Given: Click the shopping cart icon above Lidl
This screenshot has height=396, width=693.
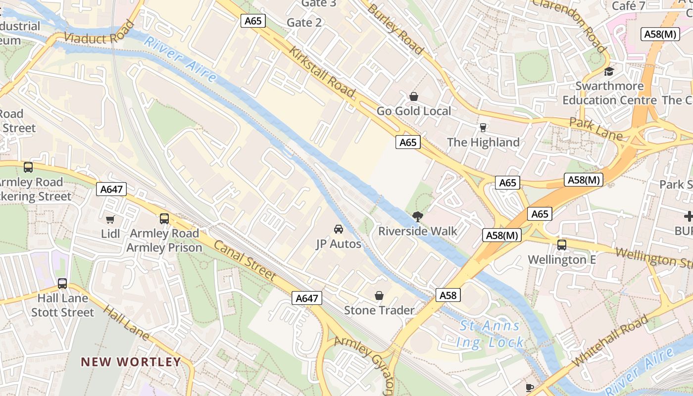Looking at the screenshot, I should tap(110, 219).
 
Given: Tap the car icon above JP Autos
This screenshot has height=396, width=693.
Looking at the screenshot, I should tap(339, 229).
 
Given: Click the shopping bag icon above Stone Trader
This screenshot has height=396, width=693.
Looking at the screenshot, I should tap(379, 296).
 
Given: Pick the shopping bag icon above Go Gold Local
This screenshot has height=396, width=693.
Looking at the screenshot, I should tap(414, 96).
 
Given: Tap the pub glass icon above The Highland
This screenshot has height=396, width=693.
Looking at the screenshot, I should tap(483, 127).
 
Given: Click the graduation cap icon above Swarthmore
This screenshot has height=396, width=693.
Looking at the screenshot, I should tap(609, 71).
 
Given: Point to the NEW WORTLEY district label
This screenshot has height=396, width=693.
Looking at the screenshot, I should tap(131, 362).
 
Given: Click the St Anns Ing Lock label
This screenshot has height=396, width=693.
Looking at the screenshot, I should tap(490, 334).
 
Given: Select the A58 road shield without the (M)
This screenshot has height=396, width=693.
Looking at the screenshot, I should tap(448, 296).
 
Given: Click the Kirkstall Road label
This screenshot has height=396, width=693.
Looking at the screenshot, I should tap(322, 72).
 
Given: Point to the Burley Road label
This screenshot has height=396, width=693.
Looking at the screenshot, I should tap(396, 28).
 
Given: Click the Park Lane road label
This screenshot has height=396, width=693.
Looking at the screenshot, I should tap(595, 129).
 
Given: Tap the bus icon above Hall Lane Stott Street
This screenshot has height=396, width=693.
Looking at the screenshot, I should tap(62, 284).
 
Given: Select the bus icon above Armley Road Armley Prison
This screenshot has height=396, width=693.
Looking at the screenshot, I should tap(164, 218).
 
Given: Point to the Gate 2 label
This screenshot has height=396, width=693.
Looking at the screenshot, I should tap(304, 22).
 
